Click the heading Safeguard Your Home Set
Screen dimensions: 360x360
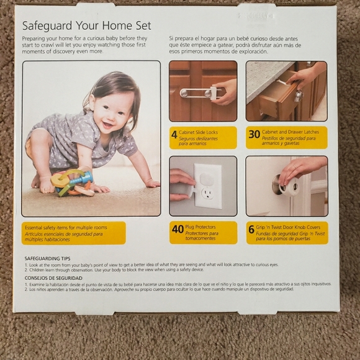pyautogui.click(x=87, y=27)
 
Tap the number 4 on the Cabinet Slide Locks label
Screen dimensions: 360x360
pyautogui.click(x=174, y=134)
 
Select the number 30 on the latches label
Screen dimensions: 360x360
pyautogui.click(x=254, y=134)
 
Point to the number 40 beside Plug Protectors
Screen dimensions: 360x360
pyautogui.click(x=178, y=229)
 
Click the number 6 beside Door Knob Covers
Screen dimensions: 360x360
pyautogui.click(x=251, y=229)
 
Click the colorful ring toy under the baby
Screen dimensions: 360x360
pyautogui.click(x=71, y=183)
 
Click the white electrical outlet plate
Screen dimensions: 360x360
pyautogui.click(x=207, y=185)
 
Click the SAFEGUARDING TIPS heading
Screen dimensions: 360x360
pyautogui.click(x=51, y=258)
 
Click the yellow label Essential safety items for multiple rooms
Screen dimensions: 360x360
pyautogui.click(x=73, y=232)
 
